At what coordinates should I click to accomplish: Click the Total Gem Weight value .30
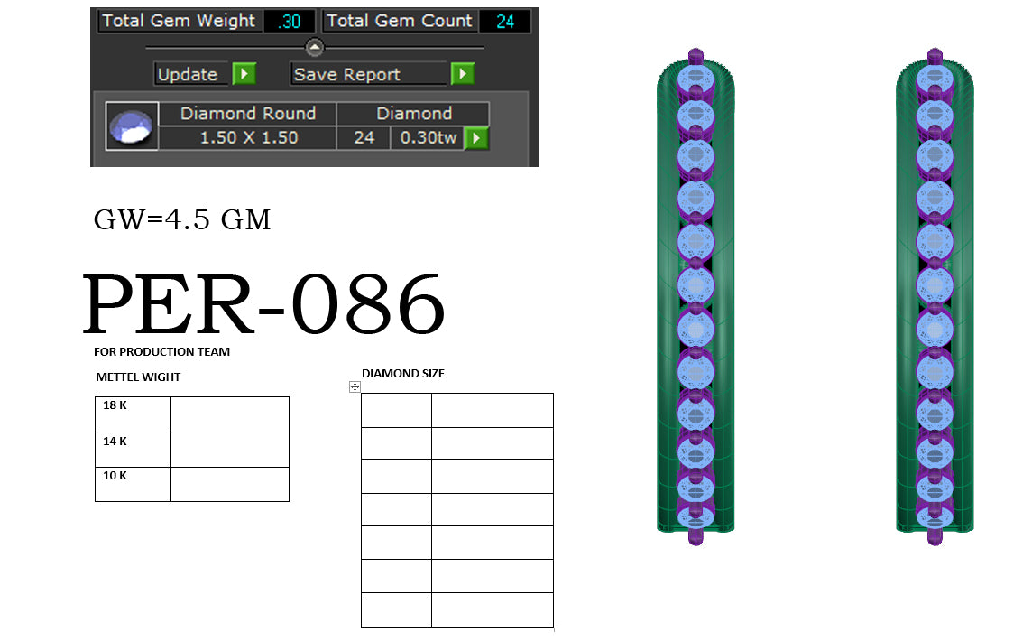click(289, 21)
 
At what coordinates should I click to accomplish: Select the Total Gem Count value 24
click(505, 21)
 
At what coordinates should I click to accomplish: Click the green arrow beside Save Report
click(462, 74)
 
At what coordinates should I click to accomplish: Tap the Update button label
click(188, 74)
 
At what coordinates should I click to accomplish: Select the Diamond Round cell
click(247, 114)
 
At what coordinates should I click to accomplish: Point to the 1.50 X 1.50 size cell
click(247, 138)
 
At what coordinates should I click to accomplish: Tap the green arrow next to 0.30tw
click(475, 138)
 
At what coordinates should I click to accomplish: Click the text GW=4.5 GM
click(182, 219)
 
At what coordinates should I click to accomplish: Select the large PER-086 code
click(263, 305)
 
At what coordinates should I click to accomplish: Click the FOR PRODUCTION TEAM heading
click(161, 351)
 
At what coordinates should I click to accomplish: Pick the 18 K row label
click(115, 405)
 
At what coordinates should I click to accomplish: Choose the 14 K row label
click(115, 442)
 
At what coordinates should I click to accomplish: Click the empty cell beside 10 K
click(229, 484)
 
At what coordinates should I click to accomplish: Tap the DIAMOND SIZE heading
click(402, 373)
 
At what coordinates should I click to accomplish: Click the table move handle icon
click(355, 386)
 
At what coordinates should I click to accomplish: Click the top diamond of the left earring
click(695, 79)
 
